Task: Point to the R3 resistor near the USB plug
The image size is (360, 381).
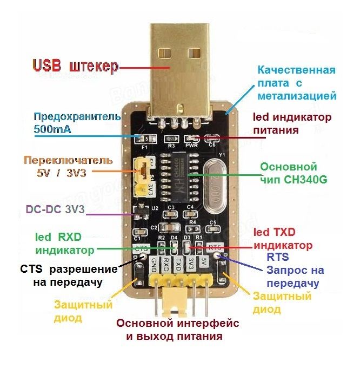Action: point(172,139)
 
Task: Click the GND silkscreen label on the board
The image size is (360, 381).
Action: point(154,265)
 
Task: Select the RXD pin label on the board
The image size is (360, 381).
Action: point(166,265)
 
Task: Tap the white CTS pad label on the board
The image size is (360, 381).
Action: point(142,248)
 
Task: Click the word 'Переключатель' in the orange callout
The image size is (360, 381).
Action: point(68,161)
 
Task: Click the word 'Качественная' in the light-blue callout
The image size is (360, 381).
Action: point(296,71)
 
